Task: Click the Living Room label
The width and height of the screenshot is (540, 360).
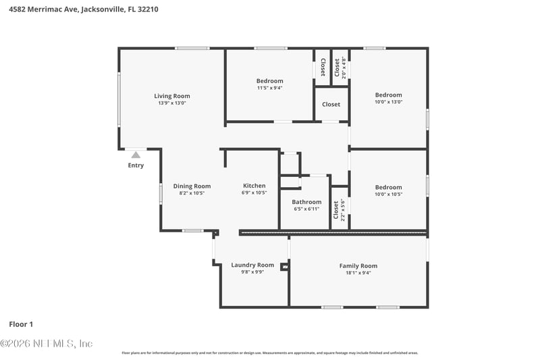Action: (172, 96)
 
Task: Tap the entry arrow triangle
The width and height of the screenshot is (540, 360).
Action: (136, 155)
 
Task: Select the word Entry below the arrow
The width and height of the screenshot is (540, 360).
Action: (136, 165)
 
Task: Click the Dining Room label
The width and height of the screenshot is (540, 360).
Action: (192, 186)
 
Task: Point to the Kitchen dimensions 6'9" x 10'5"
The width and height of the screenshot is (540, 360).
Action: (254, 193)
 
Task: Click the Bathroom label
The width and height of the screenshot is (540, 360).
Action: (306, 202)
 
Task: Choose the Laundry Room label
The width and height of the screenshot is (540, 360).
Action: (252, 265)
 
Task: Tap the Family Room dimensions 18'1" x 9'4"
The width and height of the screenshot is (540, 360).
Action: (358, 273)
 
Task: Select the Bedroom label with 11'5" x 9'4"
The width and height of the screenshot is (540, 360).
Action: (270, 81)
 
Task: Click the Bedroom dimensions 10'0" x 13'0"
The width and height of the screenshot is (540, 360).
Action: (388, 103)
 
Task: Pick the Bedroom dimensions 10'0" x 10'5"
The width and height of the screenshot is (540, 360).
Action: (388, 195)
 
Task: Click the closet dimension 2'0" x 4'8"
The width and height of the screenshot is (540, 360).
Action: (344, 68)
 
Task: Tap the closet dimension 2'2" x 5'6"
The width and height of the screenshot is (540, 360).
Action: (343, 210)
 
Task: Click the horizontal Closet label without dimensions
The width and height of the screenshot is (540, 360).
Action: (331, 105)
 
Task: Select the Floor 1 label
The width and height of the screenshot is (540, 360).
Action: (21, 324)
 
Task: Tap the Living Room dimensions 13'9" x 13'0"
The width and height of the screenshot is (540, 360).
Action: (172, 103)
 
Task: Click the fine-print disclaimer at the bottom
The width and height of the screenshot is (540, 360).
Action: (269, 353)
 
